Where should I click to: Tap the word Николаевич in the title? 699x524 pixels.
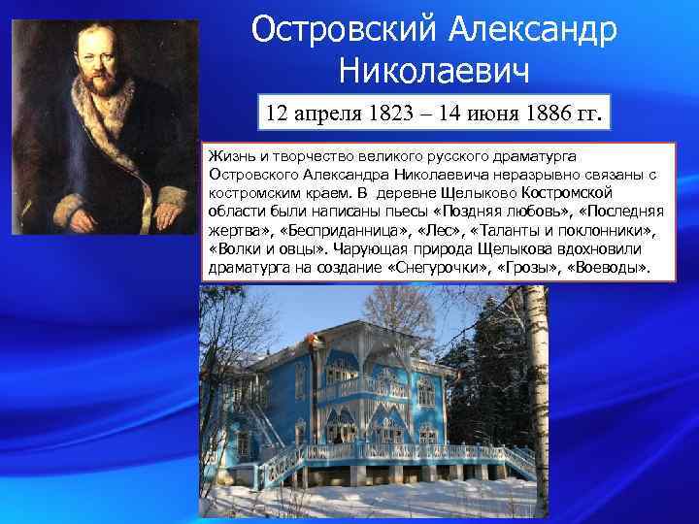435,70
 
